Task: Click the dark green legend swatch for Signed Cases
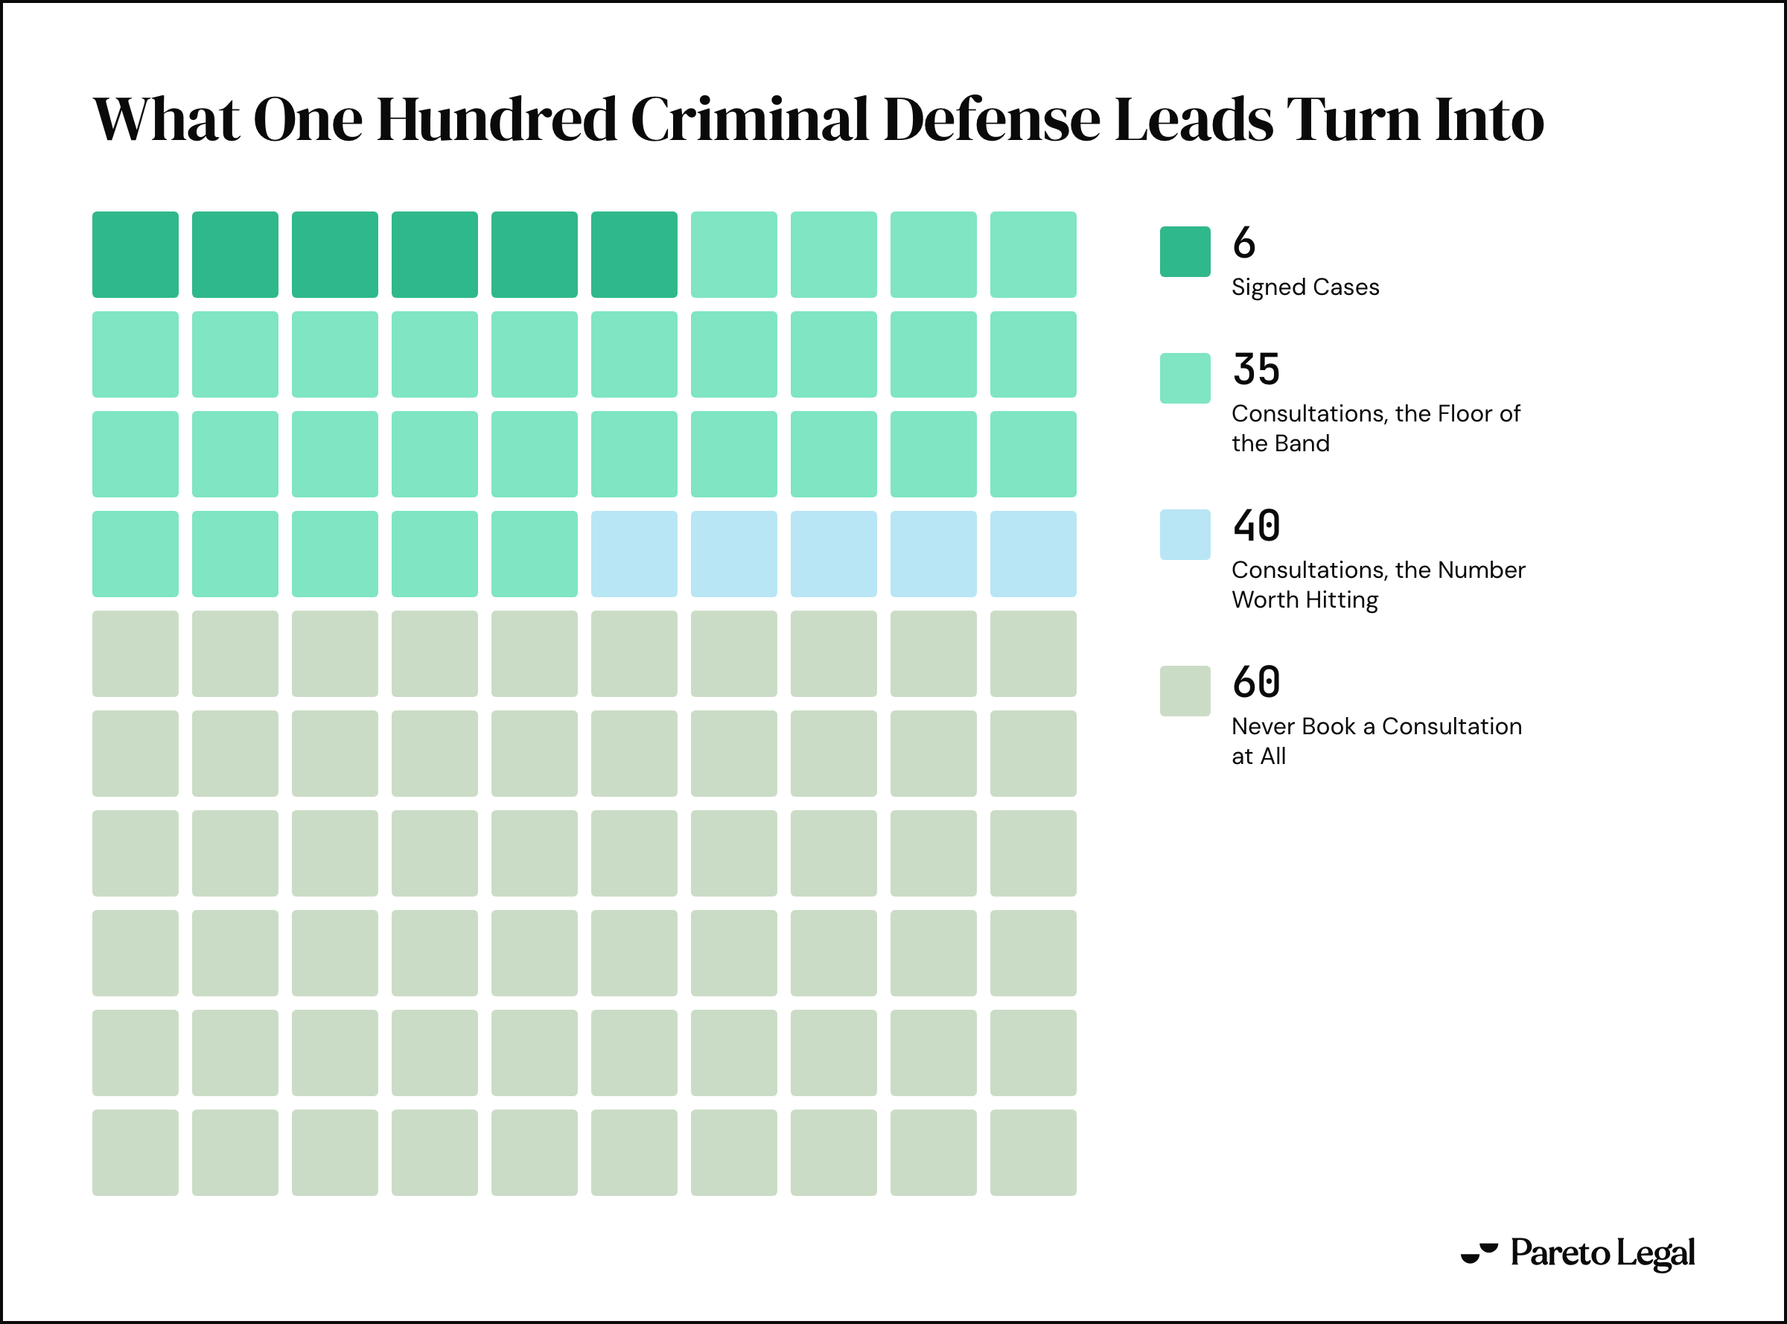(x=1185, y=252)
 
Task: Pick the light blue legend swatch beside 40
(x=1185, y=535)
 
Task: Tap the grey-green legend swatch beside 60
(x=1185, y=691)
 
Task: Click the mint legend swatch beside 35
(x=1185, y=378)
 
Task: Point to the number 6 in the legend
(x=1243, y=243)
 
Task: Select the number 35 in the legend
(x=1257, y=369)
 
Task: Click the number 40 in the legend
(x=1257, y=526)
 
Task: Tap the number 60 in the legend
(x=1257, y=682)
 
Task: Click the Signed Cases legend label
(x=1305, y=287)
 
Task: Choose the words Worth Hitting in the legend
(x=1305, y=600)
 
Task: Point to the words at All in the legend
(x=1259, y=756)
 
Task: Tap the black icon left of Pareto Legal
(x=1479, y=1253)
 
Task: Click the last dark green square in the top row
(x=634, y=255)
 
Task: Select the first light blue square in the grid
(x=634, y=554)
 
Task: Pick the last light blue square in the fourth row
(x=1033, y=554)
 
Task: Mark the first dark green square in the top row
(x=136, y=255)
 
